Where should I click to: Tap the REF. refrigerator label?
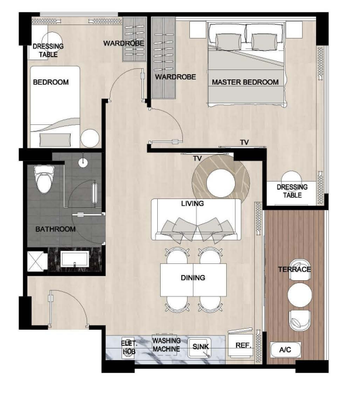click(x=243, y=346)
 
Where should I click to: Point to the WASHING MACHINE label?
click(x=166, y=344)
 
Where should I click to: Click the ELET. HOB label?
click(x=129, y=347)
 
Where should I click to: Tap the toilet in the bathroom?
click(x=44, y=179)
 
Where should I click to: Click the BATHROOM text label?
click(x=55, y=229)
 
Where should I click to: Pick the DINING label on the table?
click(x=193, y=278)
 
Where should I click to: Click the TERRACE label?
click(x=295, y=269)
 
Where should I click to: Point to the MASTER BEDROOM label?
click(x=245, y=82)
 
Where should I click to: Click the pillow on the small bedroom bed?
click(x=55, y=140)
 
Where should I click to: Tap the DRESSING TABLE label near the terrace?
click(x=292, y=191)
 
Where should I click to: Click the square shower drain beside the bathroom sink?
click(x=36, y=260)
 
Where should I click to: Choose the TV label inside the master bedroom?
click(x=244, y=142)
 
